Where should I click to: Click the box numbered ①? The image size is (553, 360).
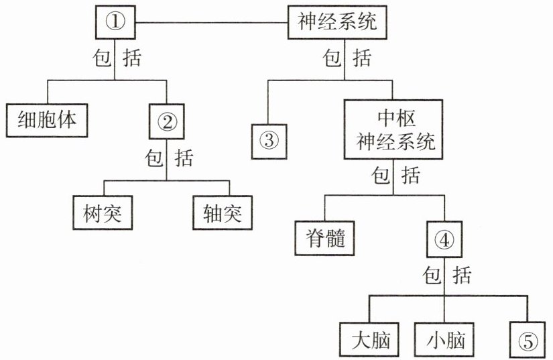click(x=117, y=21)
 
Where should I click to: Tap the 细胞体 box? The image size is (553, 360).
click(x=48, y=119)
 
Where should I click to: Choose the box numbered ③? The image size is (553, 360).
click(x=268, y=141)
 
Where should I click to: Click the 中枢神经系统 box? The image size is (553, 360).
click(x=395, y=131)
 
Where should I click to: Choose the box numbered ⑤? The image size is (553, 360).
click(x=528, y=341)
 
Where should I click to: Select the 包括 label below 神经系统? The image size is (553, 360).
click(x=346, y=60)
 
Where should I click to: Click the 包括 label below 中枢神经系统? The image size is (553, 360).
click(x=395, y=176)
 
